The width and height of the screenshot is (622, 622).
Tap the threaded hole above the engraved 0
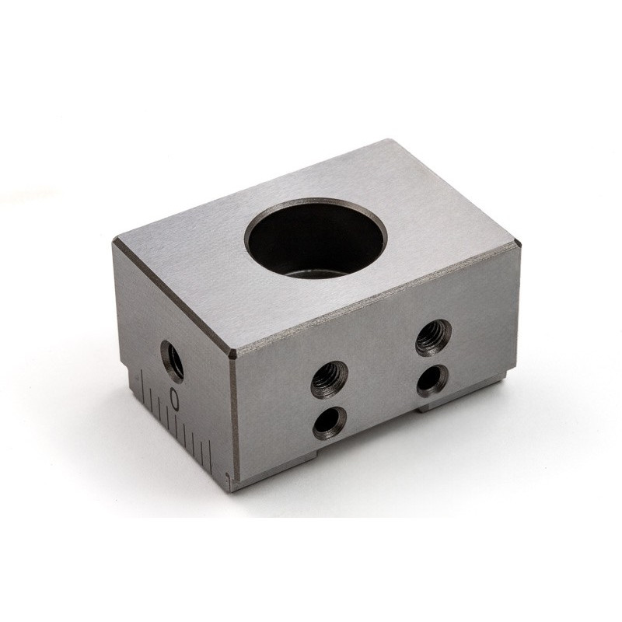point(173,360)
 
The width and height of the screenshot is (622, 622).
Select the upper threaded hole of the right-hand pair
point(433,337)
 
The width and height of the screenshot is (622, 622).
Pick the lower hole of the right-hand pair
point(432,379)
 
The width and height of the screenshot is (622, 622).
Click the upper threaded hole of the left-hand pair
point(329,379)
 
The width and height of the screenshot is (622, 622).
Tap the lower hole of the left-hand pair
point(329,423)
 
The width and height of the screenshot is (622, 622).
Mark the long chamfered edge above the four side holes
point(373,300)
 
